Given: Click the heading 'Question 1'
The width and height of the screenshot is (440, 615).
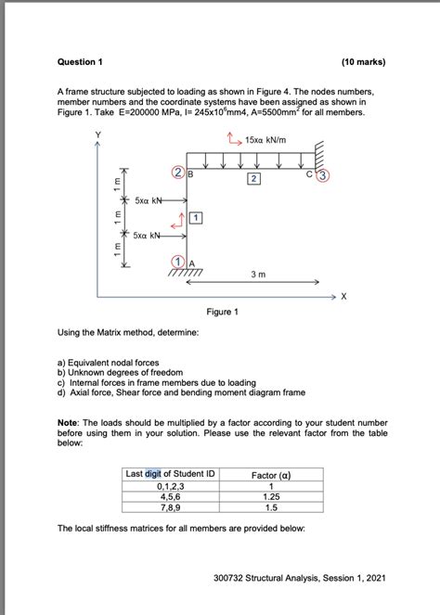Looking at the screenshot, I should (81, 61).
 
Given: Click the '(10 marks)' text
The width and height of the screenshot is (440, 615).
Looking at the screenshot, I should (363, 61).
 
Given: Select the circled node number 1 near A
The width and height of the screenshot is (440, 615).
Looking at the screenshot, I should (177, 263).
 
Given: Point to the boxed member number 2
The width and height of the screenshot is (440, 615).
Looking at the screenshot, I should (252, 177).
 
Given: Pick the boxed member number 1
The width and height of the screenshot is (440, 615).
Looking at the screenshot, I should (196, 217).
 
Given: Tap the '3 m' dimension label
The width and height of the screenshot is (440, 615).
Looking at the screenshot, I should (261, 275).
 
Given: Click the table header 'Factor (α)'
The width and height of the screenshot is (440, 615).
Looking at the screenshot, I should (272, 474).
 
